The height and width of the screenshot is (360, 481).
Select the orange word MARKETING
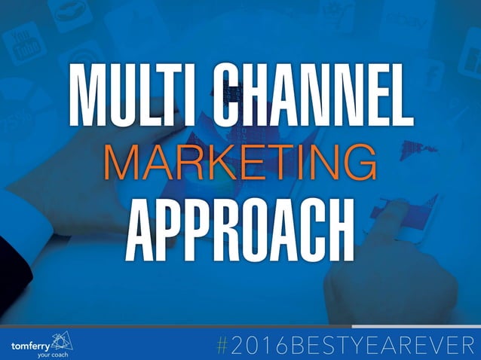[x=240, y=160]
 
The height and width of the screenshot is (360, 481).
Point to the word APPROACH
[x=240, y=223]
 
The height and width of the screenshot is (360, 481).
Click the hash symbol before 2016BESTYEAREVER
[x=222, y=345]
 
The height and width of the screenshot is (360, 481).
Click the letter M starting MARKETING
[x=119, y=160]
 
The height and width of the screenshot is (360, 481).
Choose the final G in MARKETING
[x=360, y=160]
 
